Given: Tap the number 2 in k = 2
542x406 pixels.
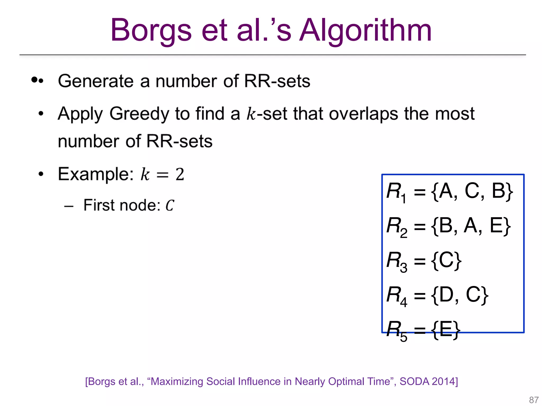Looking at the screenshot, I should [180, 174].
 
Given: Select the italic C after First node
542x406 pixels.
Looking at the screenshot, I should [170, 205].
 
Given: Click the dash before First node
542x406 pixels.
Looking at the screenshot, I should [69, 206].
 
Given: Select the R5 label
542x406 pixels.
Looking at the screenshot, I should [396, 330].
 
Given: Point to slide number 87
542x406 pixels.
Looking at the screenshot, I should [534, 400].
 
